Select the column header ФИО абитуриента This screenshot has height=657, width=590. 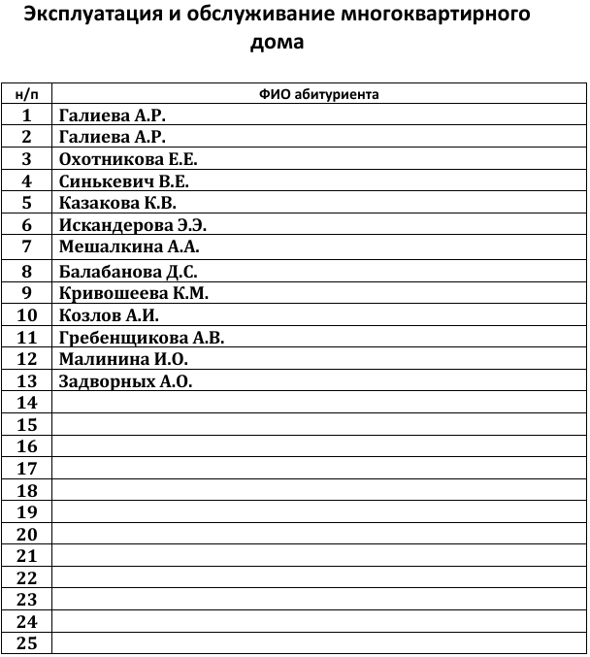(318, 94)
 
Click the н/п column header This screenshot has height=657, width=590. (27, 94)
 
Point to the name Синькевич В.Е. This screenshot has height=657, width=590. (123, 181)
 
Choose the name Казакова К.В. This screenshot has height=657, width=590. (117, 203)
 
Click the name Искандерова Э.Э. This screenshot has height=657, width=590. (133, 225)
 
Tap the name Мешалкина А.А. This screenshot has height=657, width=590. (129, 246)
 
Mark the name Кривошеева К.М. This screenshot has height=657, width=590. (134, 293)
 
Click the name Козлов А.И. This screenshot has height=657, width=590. (108, 315)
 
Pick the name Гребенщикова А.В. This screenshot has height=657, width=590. (142, 338)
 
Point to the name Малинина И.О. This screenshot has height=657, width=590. (123, 359)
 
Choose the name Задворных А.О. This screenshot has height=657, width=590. (126, 381)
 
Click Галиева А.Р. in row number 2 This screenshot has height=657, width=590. (113, 137)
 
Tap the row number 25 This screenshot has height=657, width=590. (27, 643)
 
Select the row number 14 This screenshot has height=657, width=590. (27, 403)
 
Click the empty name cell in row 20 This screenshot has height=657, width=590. (318, 535)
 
